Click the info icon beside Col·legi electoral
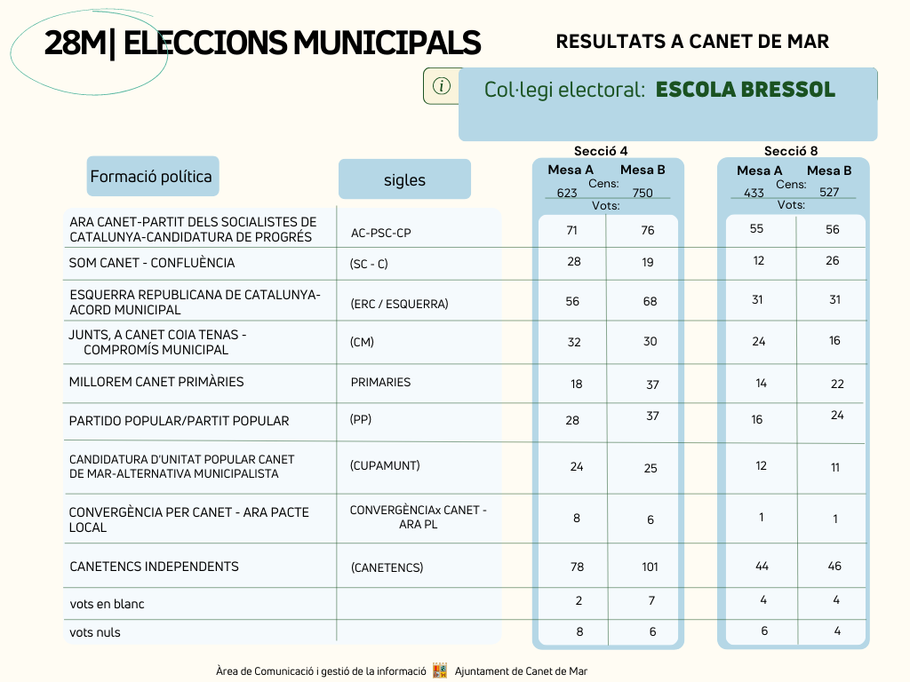tap(441, 86)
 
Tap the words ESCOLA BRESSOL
tap(746, 90)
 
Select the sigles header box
tap(404, 179)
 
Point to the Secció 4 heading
tap(601, 151)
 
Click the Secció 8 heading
tap(790, 151)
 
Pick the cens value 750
tap(643, 193)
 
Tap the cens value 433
tap(754, 193)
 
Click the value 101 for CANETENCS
tap(650, 567)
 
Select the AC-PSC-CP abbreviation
tap(380, 234)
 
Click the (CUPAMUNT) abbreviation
tap(385, 465)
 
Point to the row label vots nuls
tap(95, 632)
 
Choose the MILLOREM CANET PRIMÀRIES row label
tap(156, 382)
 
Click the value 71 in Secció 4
tap(572, 230)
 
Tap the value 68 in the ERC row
tap(650, 302)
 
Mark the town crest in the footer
tap(441, 670)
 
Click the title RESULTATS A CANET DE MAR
tap(692, 42)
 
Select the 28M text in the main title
tap(76, 43)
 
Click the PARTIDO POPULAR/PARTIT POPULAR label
tap(179, 421)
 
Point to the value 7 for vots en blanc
tap(651, 601)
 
